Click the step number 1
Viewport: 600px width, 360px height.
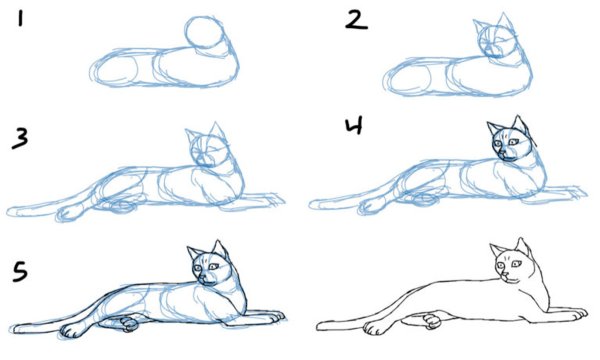(x=20, y=18)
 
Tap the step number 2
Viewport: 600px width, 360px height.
(x=356, y=20)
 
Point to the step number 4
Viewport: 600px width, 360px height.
(x=354, y=126)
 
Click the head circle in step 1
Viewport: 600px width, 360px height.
(x=204, y=33)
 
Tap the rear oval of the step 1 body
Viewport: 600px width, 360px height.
(x=116, y=71)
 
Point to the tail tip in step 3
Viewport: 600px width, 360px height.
(x=11, y=211)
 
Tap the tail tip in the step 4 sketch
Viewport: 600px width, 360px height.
(x=314, y=205)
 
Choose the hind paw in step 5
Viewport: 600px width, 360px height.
(x=73, y=330)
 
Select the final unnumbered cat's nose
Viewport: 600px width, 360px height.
(x=505, y=275)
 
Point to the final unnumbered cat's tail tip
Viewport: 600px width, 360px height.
(x=321, y=326)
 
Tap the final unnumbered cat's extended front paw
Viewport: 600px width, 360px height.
(x=578, y=314)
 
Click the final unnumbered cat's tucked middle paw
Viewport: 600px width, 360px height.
(x=432, y=321)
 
